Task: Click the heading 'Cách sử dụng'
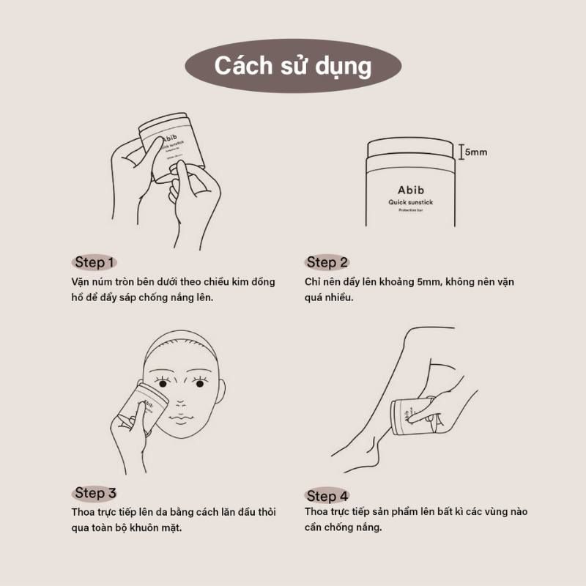click(x=292, y=66)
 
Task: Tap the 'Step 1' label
click(x=94, y=262)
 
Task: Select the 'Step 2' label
click(x=327, y=262)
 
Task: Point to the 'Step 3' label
click(x=95, y=493)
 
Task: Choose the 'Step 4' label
click(x=327, y=497)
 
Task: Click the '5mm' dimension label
click(x=475, y=152)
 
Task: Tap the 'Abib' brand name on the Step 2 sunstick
click(x=411, y=190)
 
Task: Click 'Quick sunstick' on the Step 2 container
click(x=410, y=202)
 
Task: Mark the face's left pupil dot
click(x=163, y=384)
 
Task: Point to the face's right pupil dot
click(x=200, y=384)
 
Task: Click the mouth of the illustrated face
click(x=180, y=418)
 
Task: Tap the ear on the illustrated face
click(x=220, y=393)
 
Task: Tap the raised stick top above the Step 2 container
click(x=410, y=147)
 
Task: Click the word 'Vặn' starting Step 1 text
click(x=81, y=282)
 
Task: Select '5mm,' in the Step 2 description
click(x=429, y=282)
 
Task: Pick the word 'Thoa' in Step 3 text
click(x=83, y=512)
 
